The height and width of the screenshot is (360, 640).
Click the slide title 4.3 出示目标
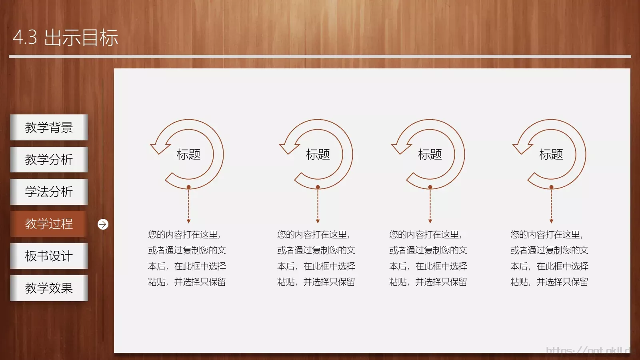coord(65,38)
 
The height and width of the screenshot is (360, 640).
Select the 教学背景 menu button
coord(49,127)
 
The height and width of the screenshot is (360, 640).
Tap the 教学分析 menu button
coord(49,160)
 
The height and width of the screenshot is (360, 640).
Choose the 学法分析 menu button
coord(49,192)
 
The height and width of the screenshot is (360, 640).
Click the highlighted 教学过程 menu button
coord(49,224)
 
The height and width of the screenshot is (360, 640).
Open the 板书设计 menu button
coord(49,256)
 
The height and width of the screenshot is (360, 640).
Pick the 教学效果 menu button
coord(49,288)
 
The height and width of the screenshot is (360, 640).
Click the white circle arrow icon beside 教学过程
coord(103,224)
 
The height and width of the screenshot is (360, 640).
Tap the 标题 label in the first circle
coord(188,154)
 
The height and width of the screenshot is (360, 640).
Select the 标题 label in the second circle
coord(318,154)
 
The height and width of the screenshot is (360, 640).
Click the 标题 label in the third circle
coord(430,154)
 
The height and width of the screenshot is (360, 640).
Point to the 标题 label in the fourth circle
coord(551,154)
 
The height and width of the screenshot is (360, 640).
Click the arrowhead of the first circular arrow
coord(159,148)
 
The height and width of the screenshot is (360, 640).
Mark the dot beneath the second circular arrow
coord(318,187)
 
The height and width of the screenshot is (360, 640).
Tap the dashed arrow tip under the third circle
coord(430,221)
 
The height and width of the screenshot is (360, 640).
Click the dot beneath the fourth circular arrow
coord(551,187)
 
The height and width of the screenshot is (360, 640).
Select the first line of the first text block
coord(184,235)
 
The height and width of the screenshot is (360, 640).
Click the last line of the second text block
coord(316,282)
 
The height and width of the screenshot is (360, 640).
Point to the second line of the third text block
coord(428,250)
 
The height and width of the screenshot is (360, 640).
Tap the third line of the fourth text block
coord(549,266)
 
